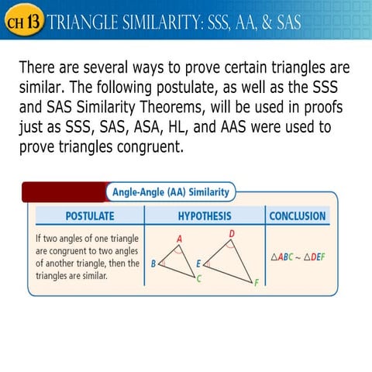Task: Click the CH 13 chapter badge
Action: coord(22,22)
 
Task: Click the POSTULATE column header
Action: coord(89,215)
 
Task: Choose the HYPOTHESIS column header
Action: coord(204,215)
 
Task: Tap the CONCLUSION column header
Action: coord(299,215)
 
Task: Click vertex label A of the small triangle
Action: coord(180,239)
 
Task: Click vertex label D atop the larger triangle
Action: coord(232,233)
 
